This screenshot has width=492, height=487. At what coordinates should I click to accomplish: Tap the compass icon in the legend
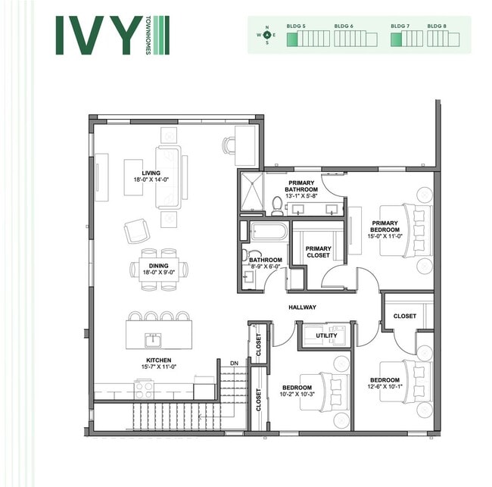(266, 35)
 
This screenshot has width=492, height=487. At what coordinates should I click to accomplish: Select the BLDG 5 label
(296, 26)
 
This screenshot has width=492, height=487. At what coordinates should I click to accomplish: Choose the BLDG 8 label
(437, 26)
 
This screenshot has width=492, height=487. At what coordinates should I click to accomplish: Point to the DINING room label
(158, 266)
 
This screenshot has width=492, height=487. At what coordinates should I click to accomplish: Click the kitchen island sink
(154, 338)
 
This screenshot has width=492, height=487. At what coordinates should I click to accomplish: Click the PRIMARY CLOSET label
(318, 252)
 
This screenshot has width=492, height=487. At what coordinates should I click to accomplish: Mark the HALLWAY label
(302, 307)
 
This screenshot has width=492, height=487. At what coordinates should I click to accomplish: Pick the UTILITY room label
(326, 334)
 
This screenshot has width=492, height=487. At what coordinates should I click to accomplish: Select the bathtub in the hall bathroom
(267, 231)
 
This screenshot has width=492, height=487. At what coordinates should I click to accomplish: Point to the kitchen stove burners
(144, 389)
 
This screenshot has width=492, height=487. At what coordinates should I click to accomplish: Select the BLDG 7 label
(400, 26)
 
